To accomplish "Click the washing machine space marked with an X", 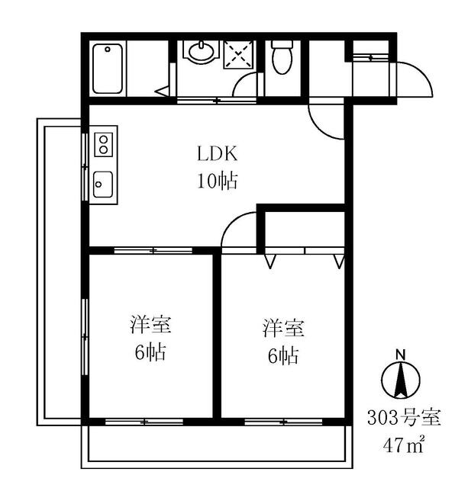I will (240, 54).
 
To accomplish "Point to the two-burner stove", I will (103, 144).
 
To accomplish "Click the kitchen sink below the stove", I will (103, 184).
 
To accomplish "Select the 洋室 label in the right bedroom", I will (284, 329).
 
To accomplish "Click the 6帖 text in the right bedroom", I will (284, 355).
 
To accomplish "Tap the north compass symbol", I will (400, 379).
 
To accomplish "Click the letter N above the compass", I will (400, 354).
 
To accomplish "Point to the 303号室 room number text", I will (405, 418).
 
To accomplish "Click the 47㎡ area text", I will (405, 445).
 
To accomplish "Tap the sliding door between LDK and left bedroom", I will (153, 250).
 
